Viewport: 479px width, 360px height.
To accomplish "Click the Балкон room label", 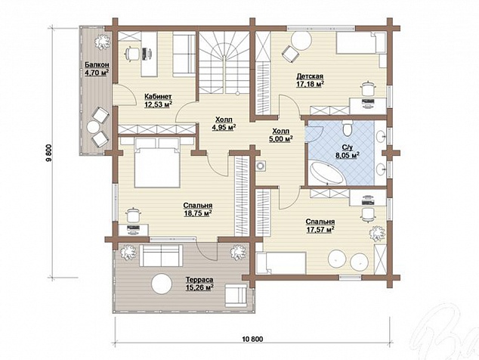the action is [97, 65].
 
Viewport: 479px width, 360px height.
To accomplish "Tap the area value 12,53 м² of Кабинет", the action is [158, 104].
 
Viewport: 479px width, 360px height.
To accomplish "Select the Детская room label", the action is [310, 76].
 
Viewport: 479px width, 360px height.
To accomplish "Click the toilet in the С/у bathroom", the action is [348, 128].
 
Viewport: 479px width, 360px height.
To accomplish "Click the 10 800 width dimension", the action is [252, 339].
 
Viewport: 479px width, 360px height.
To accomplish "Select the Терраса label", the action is [199, 280].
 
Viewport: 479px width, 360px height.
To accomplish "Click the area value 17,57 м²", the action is [320, 229].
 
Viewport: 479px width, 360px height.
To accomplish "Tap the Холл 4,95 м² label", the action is [224, 123].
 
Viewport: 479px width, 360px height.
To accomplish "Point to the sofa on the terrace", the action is [159, 256].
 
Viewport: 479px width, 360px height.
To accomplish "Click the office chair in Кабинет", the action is [131, 54].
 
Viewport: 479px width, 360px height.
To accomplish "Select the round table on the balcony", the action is [93, 127].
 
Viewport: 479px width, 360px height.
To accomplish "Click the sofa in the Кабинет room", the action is [184, 55].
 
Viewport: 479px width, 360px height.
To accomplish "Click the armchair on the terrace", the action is [236, 295].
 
